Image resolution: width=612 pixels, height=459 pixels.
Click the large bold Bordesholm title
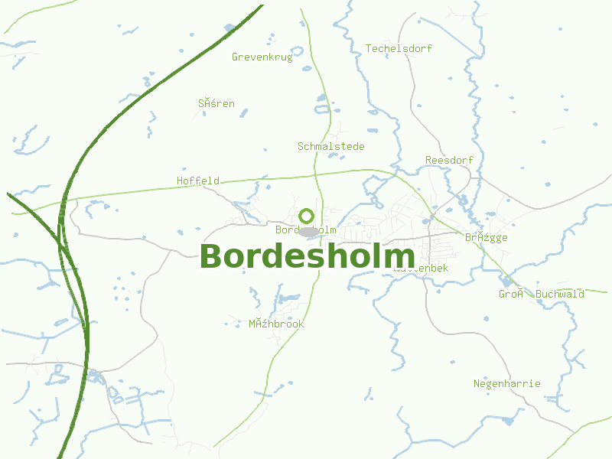(x=307, y=256)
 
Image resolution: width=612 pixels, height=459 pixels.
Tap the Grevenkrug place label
(x=262, y=57)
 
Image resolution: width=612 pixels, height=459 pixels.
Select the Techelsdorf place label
(x=399, y=48)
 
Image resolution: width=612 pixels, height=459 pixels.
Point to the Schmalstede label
(x=330, y=146)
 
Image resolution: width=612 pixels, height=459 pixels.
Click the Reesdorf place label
(x=449, y=160)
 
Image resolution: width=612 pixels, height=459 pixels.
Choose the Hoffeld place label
(x=198, y=181)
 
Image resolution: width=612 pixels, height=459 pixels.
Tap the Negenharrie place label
(x=506, y=384)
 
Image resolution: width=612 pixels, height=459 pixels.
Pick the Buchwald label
(x=560, y=294)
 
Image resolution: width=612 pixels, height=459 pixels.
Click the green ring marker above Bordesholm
(x=307, y=216)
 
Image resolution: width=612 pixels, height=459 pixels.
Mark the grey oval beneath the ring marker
(x=308, y=231)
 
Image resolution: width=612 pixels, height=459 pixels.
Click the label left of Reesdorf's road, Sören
(x=216, y=103)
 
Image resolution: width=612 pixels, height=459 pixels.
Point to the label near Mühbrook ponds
(x=276, y=324)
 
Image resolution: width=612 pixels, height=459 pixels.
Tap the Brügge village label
(x=486, y=238)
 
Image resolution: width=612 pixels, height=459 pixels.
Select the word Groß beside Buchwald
(x=509, y=294)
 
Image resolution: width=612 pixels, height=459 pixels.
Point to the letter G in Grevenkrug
(x=235, y=57)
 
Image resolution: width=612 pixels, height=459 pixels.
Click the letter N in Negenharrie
(x=477, y=384)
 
